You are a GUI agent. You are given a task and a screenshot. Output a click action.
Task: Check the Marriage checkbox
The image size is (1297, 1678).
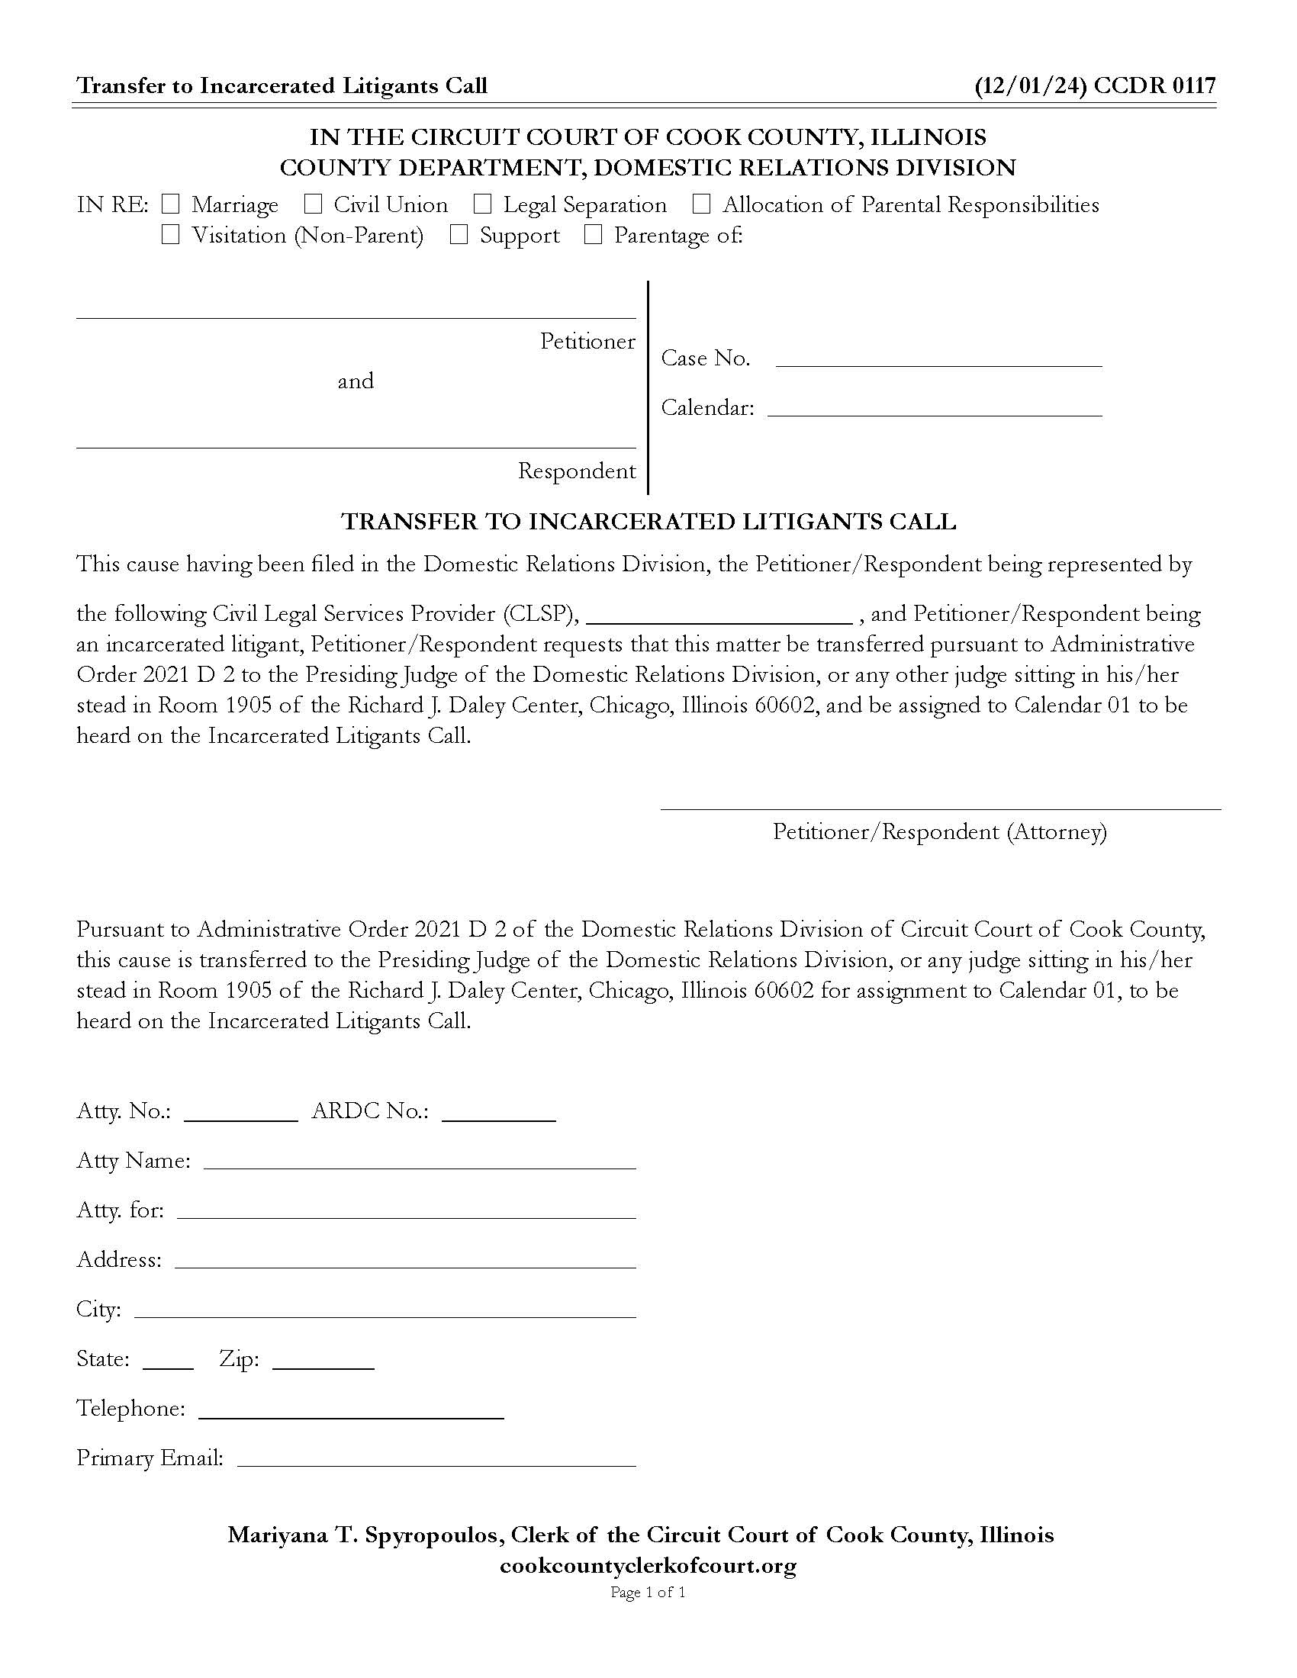(171, 204)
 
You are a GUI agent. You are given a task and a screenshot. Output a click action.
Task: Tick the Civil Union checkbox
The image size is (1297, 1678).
(313, 204)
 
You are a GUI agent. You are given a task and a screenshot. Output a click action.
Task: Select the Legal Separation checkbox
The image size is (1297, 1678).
(482, 204)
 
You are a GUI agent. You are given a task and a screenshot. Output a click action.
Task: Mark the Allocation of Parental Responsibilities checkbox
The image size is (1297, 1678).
(701, 204)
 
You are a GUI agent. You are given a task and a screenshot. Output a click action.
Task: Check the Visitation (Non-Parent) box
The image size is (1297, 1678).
(171, 235)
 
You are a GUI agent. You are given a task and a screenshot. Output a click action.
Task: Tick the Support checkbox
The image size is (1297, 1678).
(459, 235)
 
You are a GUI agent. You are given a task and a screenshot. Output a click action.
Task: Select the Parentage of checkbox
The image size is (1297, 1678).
(593, 235)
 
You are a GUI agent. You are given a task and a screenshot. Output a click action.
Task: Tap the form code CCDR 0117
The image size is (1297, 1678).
(1154, 85)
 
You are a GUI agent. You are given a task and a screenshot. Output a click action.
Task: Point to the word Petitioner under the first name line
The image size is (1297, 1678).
(587, 341)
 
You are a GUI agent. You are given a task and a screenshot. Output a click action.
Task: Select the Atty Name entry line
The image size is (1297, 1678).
(420, 1161)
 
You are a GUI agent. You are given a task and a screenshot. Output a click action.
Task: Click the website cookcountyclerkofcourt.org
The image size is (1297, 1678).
(648, 1566)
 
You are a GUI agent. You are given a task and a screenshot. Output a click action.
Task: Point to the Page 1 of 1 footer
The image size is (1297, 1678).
(648, 1593)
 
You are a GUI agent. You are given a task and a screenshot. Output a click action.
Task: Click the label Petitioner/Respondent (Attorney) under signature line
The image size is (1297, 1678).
(939, 832)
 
